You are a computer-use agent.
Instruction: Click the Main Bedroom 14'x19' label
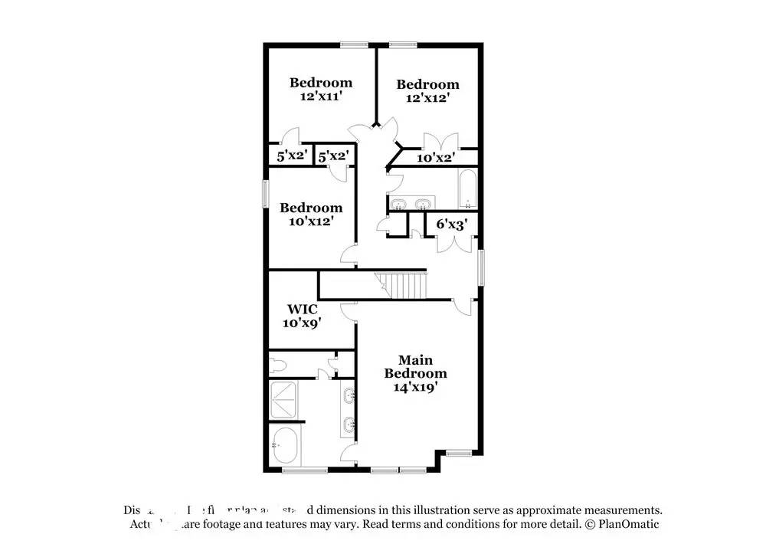[x=414, y=374]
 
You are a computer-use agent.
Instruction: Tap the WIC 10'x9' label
[x=303, y=316]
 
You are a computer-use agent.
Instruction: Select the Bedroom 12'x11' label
[x=320, y=90]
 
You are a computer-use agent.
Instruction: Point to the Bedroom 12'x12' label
[x=427, y=91]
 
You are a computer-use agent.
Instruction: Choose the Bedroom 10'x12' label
[x=310, y=214]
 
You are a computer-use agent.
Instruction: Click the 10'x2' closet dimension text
[x=436, y=158]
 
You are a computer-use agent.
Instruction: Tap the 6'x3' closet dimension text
[x=451, y=224]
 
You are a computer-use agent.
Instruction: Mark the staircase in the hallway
[x=402, y=286]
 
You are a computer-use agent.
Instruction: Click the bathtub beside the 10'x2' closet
[x=467, y=189]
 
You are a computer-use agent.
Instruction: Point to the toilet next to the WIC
[x=279, y=362]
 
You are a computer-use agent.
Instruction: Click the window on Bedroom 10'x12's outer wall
[x=266, y=192]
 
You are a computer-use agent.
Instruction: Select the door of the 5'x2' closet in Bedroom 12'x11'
[x=290, y=138]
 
